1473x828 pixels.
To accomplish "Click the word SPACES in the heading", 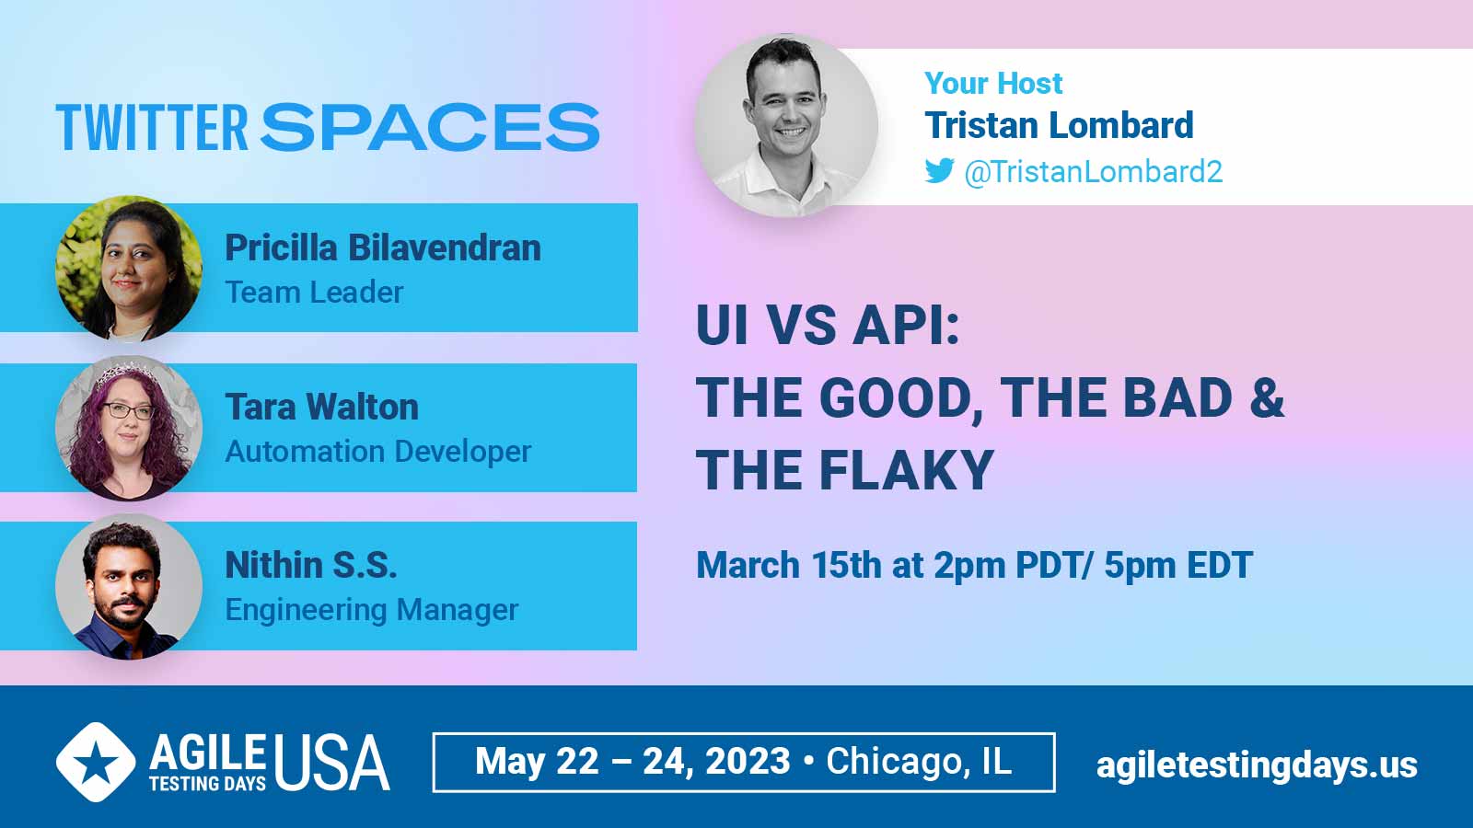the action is point(430,127).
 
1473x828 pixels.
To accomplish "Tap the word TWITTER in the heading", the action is point(152,127).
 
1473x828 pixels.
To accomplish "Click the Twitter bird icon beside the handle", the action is point(939,171).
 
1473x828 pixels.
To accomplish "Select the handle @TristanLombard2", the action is point(1094,171).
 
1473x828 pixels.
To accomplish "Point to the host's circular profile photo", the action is point(786,125).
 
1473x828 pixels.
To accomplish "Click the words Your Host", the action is point(993,84).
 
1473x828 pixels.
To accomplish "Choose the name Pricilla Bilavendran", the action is point(383,247).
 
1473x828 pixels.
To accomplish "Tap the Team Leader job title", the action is point(314,293).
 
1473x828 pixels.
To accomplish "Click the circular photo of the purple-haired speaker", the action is point(129,429).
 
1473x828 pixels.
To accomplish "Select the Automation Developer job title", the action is point(378,452).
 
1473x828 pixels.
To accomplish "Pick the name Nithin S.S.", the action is point(311,565).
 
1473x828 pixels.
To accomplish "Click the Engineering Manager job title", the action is point(372,610).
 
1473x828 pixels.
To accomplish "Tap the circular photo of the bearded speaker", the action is point(129,587).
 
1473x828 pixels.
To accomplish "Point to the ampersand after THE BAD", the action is point(1267,397).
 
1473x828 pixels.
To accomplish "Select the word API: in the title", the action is point(906,326).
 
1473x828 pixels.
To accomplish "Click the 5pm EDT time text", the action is point(1177,565).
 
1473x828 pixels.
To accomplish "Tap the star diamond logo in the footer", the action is point(96,762).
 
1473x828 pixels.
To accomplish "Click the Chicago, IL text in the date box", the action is point(919,761).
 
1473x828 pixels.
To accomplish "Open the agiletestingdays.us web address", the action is point(1257,765).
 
